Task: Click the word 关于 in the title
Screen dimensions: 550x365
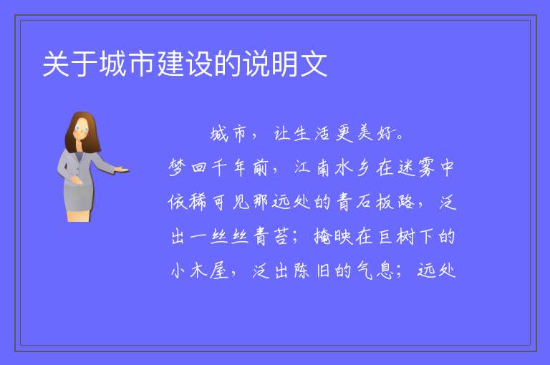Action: [69, 64]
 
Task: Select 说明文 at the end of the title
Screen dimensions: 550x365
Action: [286, 64]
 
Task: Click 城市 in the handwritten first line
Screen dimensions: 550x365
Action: [228, 134]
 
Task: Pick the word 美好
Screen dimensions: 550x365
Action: [376, 134]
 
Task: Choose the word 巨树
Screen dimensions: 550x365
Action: [396, 236]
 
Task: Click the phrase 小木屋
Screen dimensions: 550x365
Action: [200, 271]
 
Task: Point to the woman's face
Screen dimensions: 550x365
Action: [82, 129]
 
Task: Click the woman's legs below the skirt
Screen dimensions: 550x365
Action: [79, 215]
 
